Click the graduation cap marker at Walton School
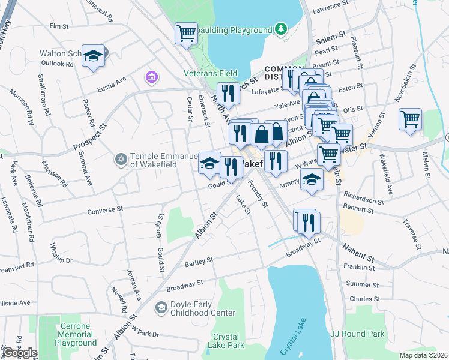93,56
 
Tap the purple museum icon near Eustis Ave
151,77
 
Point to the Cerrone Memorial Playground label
76,334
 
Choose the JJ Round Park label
356,333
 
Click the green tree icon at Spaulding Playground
280,29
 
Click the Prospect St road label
89,138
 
